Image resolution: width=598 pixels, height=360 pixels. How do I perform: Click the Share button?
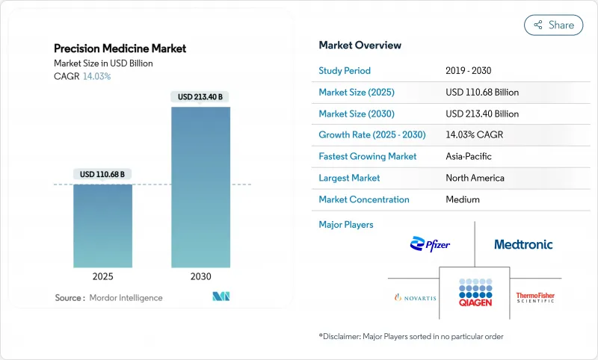(554, 25)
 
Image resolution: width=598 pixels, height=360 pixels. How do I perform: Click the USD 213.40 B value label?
(200, 96)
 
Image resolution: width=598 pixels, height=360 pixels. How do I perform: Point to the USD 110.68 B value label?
(102, 174)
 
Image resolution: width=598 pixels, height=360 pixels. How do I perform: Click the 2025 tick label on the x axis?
(102, 276)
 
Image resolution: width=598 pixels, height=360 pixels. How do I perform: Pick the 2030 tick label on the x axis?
(200, 276)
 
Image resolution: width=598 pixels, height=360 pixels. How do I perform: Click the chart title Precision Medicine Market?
(120, 49)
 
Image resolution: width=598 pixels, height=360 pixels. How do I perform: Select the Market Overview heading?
(360, 46)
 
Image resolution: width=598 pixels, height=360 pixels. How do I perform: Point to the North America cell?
(475, 178)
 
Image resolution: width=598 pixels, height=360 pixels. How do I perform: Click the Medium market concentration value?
(463, 199)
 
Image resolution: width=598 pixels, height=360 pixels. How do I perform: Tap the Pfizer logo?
(430, 244)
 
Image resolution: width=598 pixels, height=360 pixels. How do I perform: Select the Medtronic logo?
(523, 244)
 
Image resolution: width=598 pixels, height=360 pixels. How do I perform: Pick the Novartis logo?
(416, 297)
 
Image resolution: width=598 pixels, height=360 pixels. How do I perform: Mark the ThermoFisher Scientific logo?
(535, 297)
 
